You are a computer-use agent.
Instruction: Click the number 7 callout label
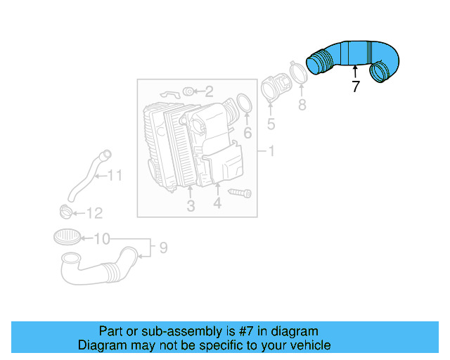click(355, 87)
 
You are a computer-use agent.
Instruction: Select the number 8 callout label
click(302, 105)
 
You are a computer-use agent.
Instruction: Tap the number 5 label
click(271, 124)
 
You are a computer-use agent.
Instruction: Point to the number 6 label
click(247, 133)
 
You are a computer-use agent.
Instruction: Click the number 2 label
click(210, 91)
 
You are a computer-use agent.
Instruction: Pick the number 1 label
click(271, 152)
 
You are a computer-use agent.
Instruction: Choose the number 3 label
click(191, 205)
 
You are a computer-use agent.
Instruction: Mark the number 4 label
click(217, 204)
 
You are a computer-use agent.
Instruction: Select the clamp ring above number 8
click(298, 73)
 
